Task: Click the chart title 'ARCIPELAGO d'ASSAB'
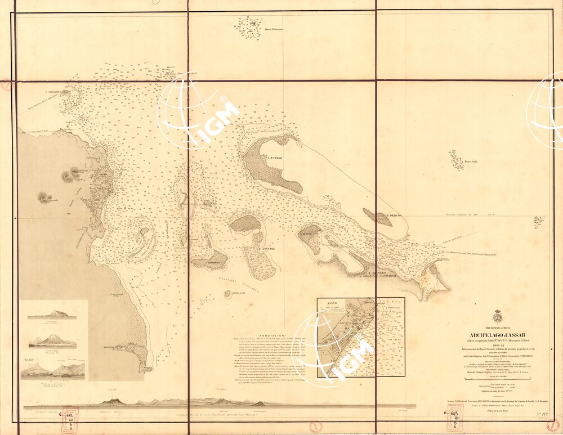click(498, 336)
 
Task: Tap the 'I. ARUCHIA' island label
click(266, 248)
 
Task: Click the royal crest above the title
click(498, 316)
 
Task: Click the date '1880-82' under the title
click(498, 346)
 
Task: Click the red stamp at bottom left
click(69, 419)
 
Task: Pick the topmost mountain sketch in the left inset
click(52, 313)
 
